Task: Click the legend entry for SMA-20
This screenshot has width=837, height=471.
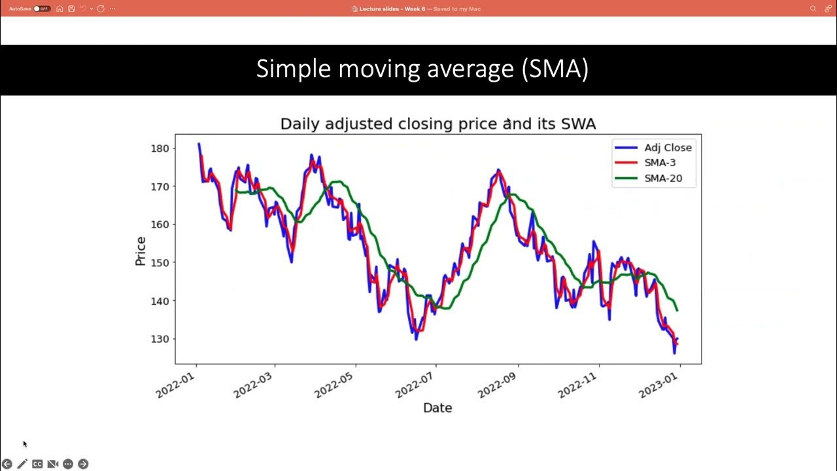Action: [x=662, y=178]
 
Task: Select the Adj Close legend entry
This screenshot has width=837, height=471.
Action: [x=668, y=148]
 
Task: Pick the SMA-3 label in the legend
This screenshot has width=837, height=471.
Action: [x=660, y=163]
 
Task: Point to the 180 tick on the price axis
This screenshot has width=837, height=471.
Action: [x=160, y=148]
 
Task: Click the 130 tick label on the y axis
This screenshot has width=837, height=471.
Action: [x=160, y=339]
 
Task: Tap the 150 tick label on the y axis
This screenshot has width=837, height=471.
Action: [x=160, y=262]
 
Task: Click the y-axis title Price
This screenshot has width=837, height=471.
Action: [x=141, y=251]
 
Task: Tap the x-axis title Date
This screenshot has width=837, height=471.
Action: [x=437, y=408]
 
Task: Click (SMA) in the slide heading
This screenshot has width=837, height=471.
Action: [x=555, y=69]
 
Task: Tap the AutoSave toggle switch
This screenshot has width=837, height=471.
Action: [x=42, y=9]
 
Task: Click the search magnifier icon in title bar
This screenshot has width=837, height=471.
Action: [x=813, y=9]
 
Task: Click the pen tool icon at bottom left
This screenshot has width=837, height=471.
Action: [x=22, y=464]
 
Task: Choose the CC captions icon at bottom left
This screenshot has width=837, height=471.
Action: [x=37, y=464]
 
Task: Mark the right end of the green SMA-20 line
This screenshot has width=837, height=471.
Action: [x=677, y=310]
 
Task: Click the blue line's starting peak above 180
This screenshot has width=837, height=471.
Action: [x=199, y=144]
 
